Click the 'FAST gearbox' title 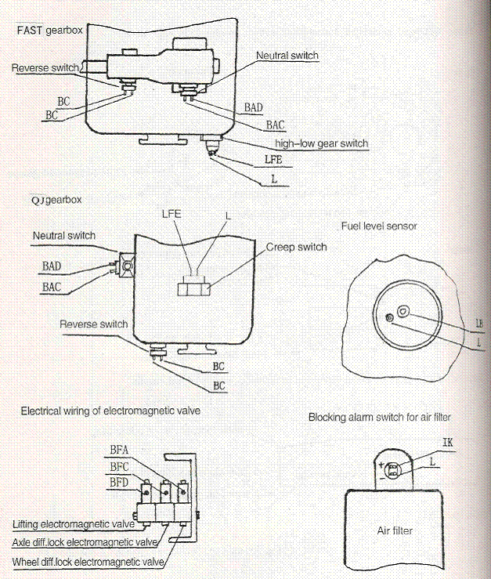(x=50, y=30)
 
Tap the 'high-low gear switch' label (x=322, y=143)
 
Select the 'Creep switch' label (x=297, y=247)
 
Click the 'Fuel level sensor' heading (x=379, y=226)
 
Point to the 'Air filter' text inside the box (x=395, y=531)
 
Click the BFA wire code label (x=119, y=450)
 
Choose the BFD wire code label (x=119, y=483)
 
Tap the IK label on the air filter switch (x=447, y=442)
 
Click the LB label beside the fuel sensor (x=478, y=324)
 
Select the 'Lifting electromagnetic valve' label (x=74, y=524)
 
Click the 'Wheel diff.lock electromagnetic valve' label (x=88, y=562)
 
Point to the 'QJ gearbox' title (x=56, y=200)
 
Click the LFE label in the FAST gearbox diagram (x=273, y=159)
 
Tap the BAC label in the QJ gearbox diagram (x=52, y=287)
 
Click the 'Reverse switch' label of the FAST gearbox (x=45, y=68)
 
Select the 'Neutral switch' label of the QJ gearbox (x=64, y=236)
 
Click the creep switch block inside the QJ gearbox (x=194, y=289)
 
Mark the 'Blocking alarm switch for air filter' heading (x=380, y=418)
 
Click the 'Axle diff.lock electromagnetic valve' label (x=85, y=542)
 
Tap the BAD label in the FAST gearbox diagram (x=254, y=107)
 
